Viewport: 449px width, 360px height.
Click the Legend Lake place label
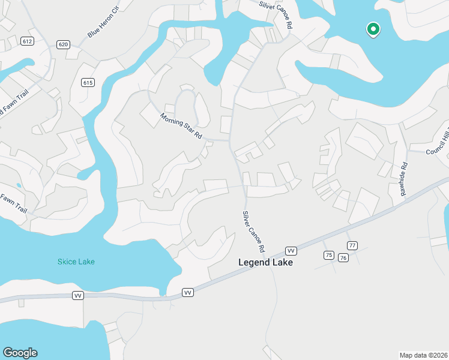coord(265,262)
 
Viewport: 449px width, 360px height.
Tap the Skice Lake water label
coord(76,262)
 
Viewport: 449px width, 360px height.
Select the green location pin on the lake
coord(373,29)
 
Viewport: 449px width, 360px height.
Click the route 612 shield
coord(26,41)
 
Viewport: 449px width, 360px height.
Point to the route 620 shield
coord(64,44)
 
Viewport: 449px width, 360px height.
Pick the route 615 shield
coord(88,83)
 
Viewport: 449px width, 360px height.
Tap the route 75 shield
coord(328,255)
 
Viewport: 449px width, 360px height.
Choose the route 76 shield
coord(343,257)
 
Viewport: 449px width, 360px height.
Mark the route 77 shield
coord(352,245)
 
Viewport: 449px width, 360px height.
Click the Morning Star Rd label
coord(180,125)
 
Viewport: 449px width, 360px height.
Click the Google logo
coord(20,353)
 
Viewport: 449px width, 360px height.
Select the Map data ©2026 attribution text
coord(424,355)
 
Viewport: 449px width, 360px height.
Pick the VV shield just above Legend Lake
coord(291,250)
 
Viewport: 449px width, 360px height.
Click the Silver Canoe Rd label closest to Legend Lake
coord(253,232)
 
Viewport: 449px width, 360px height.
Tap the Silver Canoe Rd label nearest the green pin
coord(276,15)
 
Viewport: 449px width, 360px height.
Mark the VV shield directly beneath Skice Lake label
coord(77,295)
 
